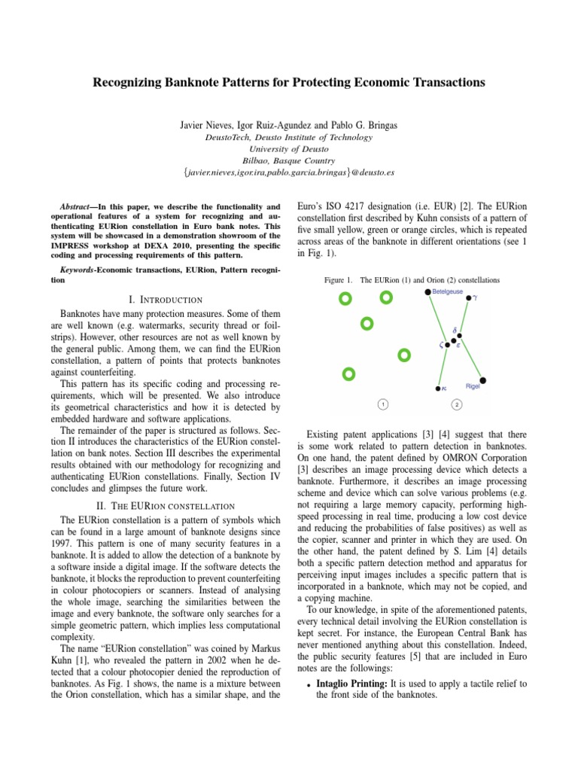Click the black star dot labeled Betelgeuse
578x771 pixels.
[428, 291]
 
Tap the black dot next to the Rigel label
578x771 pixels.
[482, 379]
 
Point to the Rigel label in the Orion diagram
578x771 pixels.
[473, 386]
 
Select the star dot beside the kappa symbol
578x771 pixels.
[438, 389]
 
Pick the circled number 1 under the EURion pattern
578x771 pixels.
[383, 404]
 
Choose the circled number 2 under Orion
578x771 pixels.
[457, 404]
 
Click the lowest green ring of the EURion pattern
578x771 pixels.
[348, 373]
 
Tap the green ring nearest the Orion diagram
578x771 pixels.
[404, 354]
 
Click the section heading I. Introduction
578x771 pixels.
[163, 300]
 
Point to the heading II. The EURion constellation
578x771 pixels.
[163, 504]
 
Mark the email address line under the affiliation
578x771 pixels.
[289, 172]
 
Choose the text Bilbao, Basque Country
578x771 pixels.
[289, 160]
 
